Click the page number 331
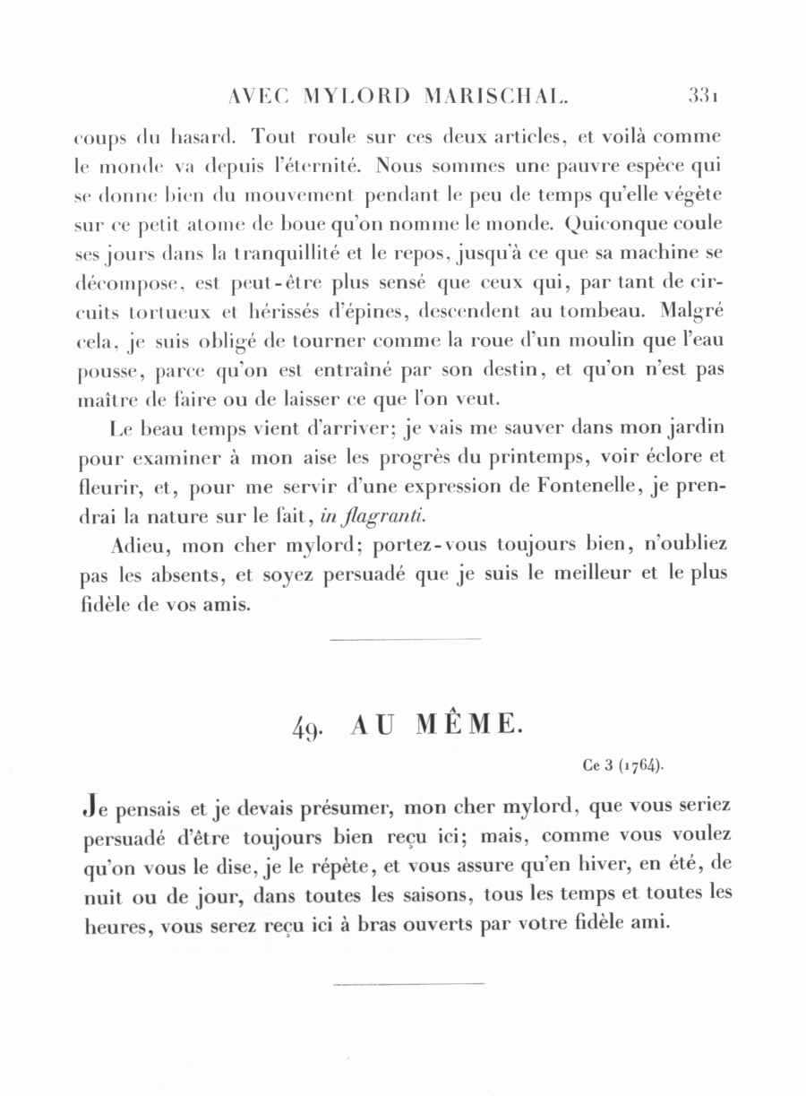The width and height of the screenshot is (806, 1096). pyautogui.click(x=706, y=95)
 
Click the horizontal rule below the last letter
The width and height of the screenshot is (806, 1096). pyautogui.click(x=408, y=982)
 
